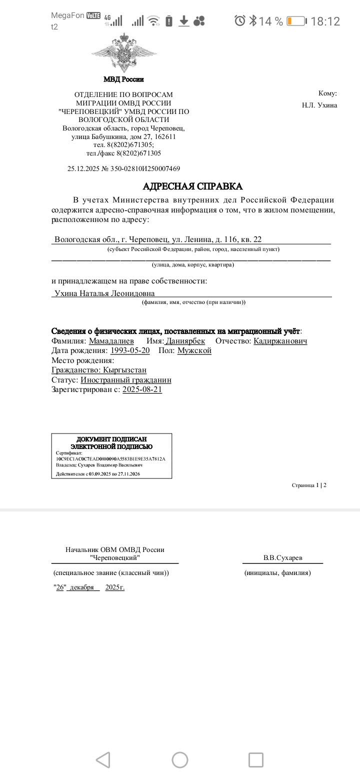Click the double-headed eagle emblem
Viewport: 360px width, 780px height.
pyautogui.click(x=124, y=53)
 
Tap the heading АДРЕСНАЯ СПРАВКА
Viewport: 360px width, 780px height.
pyautogui.click(x=192, y=186)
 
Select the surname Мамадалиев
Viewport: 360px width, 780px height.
pyautogui.click(x=111, y=341)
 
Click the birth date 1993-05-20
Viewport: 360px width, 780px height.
pyautogui.click(x=130, y=350)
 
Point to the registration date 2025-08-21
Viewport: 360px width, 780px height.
pyautogui.click(x=142, y=389)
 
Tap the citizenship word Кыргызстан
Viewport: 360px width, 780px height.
pyautogui.click(x=124, y=370)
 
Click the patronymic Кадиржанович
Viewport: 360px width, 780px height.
pyautogui.click(x=280, y=341)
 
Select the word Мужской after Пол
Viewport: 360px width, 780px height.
pyautogui.click(x=194, y=350)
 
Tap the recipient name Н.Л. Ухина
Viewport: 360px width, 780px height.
pyautogui.click(x=319, y=105)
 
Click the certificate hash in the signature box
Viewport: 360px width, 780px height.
pyautogui.click(x=110, y=458)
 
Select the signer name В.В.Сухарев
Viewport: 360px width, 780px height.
pyautogui.click(x=282, y=557)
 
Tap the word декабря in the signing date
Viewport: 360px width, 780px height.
pyautogui.click(x=82, y=587)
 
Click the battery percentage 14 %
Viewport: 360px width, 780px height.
pyautogui.click(x=271, y=21)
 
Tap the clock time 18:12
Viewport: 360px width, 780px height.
pyautogui.click(x=325, y=21)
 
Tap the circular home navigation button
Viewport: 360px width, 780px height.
pyautogui.click(x=180, y=760)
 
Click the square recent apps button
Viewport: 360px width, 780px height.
pyautogui.click(x=255, y=760)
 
